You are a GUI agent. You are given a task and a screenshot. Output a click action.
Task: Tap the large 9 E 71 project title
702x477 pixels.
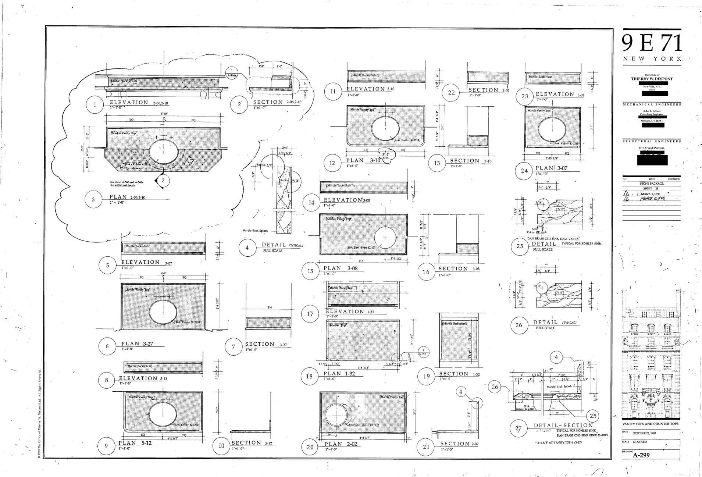(x=652, y=44)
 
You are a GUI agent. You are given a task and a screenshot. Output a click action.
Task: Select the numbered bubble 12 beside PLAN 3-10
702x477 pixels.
(x=332, y=163)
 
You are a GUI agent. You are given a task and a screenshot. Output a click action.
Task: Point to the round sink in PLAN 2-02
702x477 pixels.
(x=336, y=414)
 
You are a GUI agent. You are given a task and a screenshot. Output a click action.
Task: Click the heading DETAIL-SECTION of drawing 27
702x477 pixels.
(x=563, y=426)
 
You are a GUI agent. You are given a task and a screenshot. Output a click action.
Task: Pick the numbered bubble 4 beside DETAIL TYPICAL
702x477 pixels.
(x=247, y=248)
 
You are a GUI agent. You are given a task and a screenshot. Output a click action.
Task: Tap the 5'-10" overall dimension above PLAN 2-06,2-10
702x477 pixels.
(x=164, y=114)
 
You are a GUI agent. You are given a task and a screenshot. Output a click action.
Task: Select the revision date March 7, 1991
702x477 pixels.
(x=651, y=194)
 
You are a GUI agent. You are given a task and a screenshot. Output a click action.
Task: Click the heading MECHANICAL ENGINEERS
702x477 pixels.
(x=652, y=104)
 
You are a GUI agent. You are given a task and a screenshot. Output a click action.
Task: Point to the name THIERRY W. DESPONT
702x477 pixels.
(x=652, y=79)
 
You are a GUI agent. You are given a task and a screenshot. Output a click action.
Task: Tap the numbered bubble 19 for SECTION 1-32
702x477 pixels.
(x=426, y=376)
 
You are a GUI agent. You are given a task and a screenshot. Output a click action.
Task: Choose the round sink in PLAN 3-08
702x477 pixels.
(x=385, y=238)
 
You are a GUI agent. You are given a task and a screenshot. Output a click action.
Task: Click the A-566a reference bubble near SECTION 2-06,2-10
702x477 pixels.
(x=232, y=72)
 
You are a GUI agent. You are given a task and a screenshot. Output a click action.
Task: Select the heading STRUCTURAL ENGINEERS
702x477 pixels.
(x=652, y=141)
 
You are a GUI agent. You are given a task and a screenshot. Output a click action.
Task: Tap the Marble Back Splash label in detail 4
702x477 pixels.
(x=255, y=231)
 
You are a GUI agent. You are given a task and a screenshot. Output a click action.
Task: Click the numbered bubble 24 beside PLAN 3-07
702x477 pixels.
(x=524, y=171)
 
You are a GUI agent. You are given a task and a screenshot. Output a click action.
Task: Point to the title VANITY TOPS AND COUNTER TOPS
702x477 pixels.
(x=650, y=424)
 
